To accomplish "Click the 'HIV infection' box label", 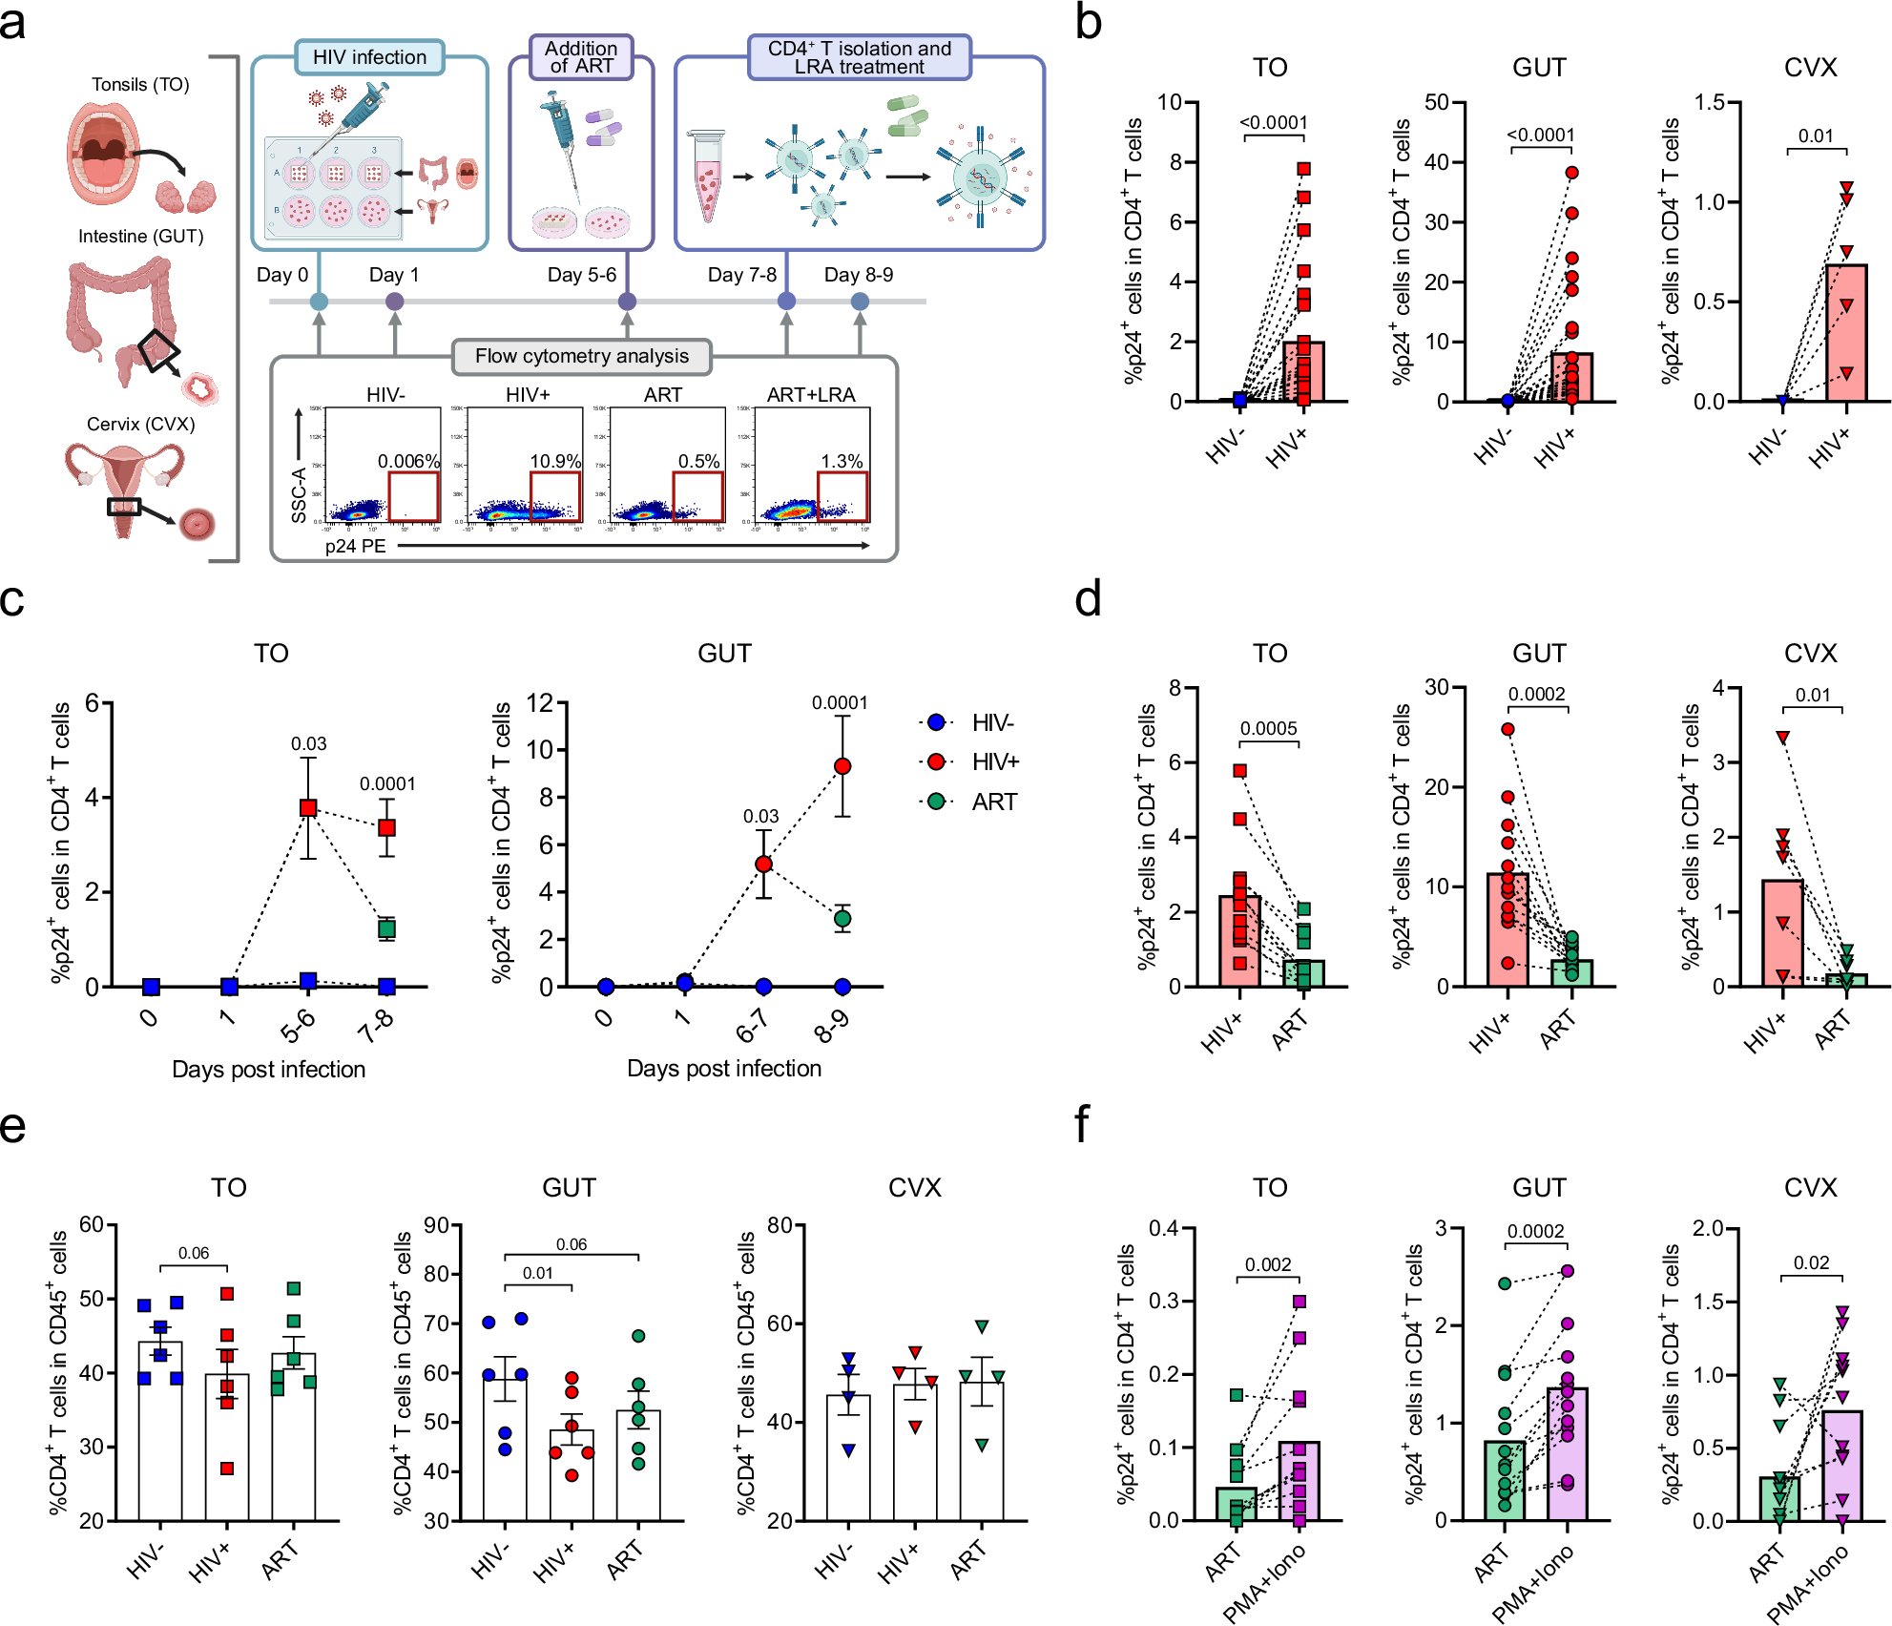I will pyautogui.click(x=369, y=57).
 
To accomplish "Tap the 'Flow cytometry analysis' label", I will pyautogui.click(x=581, y=356).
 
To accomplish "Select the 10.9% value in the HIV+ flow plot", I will pyautogui.click(x=555, y=461).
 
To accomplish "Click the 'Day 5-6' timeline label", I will pyautogui.click(x=581, y=275).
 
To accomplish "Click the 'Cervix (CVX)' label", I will pyautogui.click(x=140, y=424).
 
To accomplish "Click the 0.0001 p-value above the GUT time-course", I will pyautogui.click(x=840, y=703).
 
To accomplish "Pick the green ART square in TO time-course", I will pyautogui.click(x=386, y=928).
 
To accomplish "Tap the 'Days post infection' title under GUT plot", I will pyautogui.click(x=723, y=1069).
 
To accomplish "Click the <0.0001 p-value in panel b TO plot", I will pyautogui.click(x=1273, y=122).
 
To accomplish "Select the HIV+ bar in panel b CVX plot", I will pyautogui.click(x=1846, y=334).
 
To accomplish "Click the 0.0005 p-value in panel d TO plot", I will pyautogui.click(x=1268, y=728).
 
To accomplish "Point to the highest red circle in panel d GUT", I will pyautogui.click(x=1507, y=729).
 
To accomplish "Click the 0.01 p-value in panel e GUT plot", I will pyautogui.click(x=537, y=1273).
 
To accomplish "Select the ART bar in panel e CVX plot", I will pyautogui.click(x=982, y=1450).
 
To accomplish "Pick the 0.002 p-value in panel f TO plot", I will pyautogui.click(x=1267, y=1264).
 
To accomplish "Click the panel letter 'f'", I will pyautogui.click(x=1081, y=1125).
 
